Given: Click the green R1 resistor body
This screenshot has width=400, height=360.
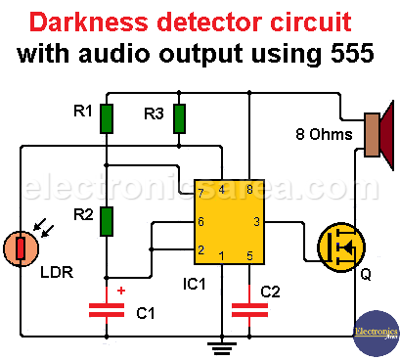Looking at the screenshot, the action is coord(107,118).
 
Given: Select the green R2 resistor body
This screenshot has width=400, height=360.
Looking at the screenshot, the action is coord(107,221).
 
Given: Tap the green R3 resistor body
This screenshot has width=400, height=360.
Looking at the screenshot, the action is coord(179,118).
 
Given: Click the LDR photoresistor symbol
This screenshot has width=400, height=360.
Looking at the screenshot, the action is coord(21,248).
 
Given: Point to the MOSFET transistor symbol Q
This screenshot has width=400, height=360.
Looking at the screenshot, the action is coord(341,247).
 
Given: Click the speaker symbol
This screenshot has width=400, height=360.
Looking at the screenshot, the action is coord(379,135).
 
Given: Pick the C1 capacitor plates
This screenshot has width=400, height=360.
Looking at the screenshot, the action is coord(107,310).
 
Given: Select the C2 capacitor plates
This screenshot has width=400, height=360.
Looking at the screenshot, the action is coord(249,310).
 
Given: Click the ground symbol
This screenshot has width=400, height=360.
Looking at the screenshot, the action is coord(222,348).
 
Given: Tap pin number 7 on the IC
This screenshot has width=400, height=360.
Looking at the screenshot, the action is coord(200,193).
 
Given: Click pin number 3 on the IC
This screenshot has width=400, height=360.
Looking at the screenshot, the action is coord(257,222).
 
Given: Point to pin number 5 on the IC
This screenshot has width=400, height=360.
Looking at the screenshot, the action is coord(249,256).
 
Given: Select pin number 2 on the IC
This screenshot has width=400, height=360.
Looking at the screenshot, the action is coord(200,250).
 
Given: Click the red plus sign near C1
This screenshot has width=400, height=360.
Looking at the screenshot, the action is coord(121,291).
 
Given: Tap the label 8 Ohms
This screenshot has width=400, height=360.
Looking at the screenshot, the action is coord(324,134).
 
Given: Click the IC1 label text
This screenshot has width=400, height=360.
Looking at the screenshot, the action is coord(195,284).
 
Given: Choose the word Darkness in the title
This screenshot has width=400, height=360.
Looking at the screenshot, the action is coord(89,22).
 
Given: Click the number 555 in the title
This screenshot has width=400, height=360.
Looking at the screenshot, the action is coord(352,53).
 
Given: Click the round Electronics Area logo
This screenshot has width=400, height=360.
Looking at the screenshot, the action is coord(377,334).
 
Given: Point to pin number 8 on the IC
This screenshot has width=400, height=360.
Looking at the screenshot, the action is coord(249,189).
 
